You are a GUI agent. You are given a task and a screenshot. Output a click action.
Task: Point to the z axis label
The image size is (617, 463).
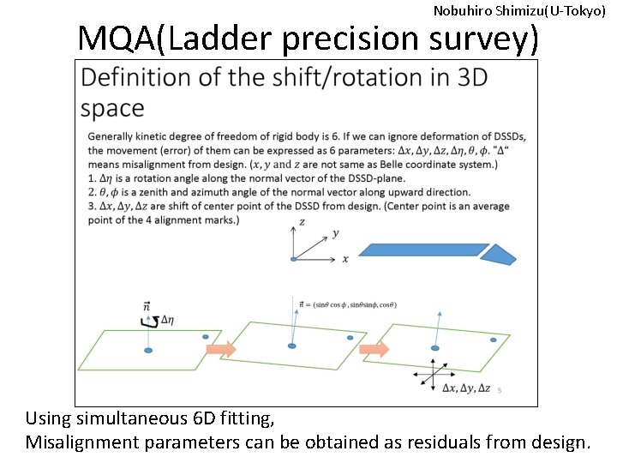[301, 222]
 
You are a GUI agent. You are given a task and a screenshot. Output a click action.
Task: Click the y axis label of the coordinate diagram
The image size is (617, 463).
[336, 232]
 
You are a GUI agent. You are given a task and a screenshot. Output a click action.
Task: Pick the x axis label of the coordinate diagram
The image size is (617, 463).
[345, 258]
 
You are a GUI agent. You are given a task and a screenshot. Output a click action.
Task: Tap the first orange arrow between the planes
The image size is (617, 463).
[220, 349]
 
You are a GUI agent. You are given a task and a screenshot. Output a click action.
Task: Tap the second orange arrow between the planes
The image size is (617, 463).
[374, 349]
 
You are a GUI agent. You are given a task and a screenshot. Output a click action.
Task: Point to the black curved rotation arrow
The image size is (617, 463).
[147, 321]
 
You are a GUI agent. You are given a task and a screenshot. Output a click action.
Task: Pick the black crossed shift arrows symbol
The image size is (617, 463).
[433, 374]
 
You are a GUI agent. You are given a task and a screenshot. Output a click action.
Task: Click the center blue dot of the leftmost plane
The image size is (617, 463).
[148, 351]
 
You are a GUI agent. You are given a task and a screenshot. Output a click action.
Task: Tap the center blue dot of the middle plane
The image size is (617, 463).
[292, 346]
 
